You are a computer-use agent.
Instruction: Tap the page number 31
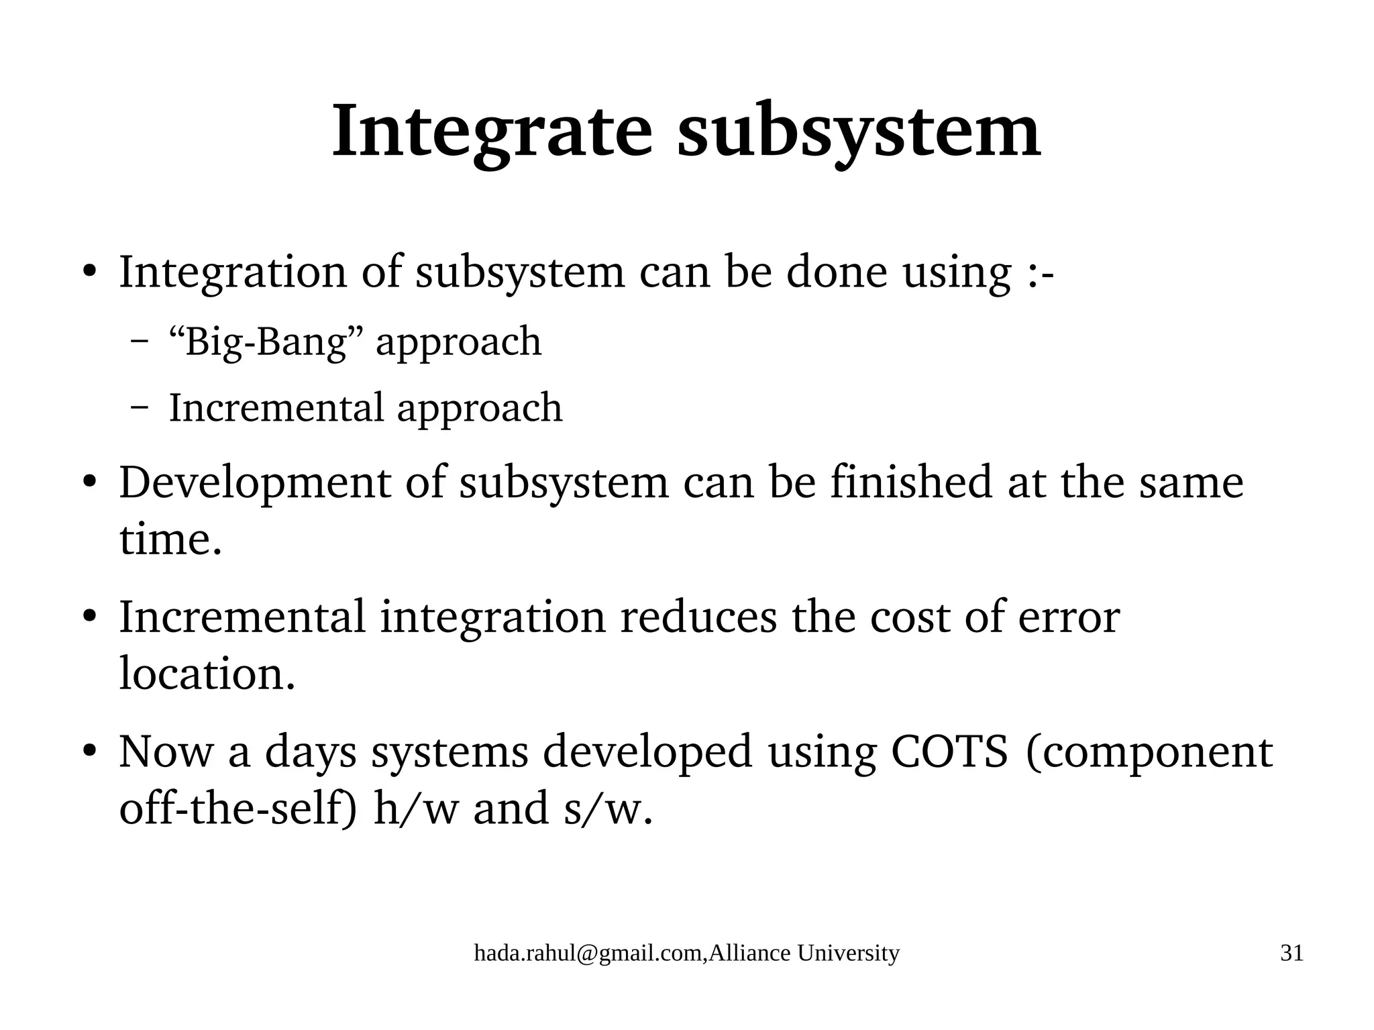(x=1291, y=953)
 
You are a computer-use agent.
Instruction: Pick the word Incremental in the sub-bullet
(x=276, y=407)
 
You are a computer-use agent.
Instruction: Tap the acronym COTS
(x=949, y=752)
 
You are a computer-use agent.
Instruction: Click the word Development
(x=255, y=483)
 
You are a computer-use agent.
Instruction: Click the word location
(x=207, y=673)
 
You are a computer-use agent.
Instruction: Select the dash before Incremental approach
(x=140, y=408)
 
